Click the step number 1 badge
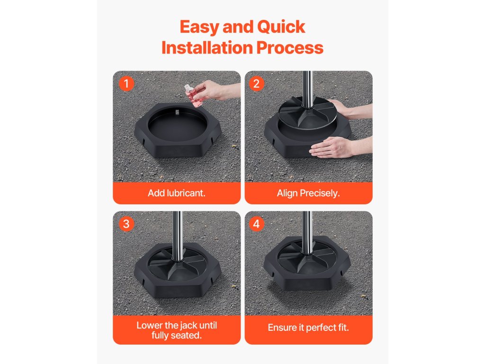pyautogui.click(x=126, y=83)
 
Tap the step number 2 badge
pyautogui.click(x=256, y=83)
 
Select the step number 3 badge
pyautogui.click(x=126, y=224)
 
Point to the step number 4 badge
pyautogui.click(x=256, y=224)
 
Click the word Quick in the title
pyautogui.click(x=281, y=27)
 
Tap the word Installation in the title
pyautogui.click(x=207, y=48)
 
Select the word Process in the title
pyautogui.click(x=290, y=48)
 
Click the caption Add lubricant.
pyautogui.click(x=177, y=193)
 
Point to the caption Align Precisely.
pyautogui.click(x=308, y=193)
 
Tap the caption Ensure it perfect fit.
pyautogui.click(x=308, y=328)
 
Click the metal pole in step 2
pyautogui.click(x=307, y=90)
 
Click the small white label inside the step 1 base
pyautogui.click(x=177, y=112)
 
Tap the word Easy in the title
pyautogui.click(x=199, y=27)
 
